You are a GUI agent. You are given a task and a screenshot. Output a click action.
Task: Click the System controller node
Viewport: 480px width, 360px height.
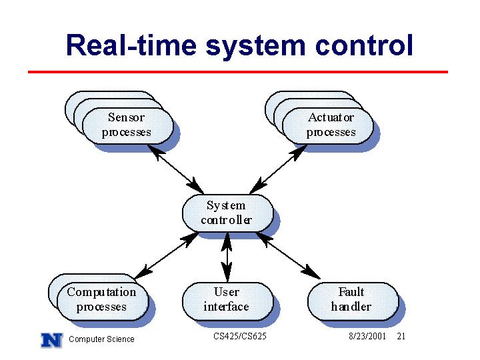[228, 213]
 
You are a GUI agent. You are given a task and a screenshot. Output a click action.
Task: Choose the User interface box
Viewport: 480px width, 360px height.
[228, 301]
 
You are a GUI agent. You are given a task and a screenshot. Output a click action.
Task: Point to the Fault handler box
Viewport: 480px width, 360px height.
[353, 301]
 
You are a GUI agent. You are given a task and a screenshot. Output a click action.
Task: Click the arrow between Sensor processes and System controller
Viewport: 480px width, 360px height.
[175, 169]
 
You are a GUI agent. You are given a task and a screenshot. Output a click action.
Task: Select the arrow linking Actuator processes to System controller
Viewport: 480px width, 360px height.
[278, 169]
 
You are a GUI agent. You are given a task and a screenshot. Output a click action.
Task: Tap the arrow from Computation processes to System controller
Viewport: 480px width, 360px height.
[167, 255]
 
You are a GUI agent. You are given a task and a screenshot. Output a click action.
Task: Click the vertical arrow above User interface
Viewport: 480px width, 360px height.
[227, 257]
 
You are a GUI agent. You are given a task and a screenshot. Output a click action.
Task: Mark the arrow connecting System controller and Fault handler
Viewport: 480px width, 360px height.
[288, 255]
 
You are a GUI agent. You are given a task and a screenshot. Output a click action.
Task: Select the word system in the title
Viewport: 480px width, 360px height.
[255, 47]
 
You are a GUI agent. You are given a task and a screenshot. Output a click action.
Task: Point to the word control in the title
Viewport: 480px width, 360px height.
[364, 45]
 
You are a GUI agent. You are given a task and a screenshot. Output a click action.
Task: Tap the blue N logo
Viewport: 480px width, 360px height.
[52, 340]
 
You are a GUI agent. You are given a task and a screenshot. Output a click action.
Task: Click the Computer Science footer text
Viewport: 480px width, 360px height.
[101, 339]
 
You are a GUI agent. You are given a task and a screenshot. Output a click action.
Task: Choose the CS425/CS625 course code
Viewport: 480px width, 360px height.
[240, 336]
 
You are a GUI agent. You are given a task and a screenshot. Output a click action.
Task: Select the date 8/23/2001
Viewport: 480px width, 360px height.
[367, 336]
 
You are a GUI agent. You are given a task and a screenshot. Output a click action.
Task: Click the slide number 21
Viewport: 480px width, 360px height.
[401, 336]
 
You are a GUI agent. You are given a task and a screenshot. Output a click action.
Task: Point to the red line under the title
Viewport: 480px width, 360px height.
[238, 72]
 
